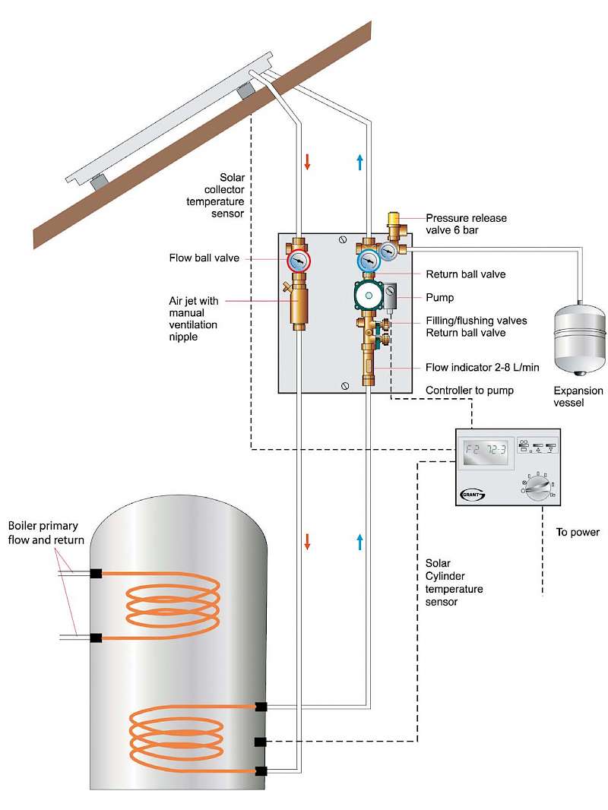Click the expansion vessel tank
[579, 335]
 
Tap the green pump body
[369, 296]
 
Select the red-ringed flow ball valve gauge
[298, 261]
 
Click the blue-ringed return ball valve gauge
[369, 261]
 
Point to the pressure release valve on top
[394, 225]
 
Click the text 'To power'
[577, 532]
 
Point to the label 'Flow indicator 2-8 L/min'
[483, 368]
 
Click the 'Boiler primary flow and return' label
[46, 532]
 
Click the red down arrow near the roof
[307, 162]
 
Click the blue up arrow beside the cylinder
[359, 542]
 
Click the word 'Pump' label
[439, 298]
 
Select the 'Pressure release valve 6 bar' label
[466, 223]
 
